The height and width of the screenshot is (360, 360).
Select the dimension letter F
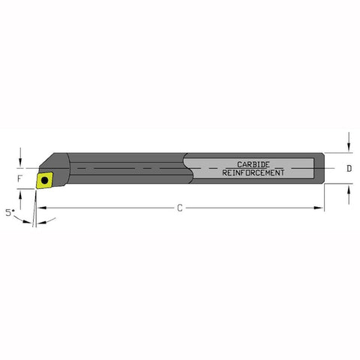(21, 180)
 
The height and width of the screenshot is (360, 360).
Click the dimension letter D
(349, 169)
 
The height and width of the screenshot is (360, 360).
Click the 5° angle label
(10, 213)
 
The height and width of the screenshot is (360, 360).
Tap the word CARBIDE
(253, 163)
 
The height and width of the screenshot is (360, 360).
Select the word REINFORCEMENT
(253, 172)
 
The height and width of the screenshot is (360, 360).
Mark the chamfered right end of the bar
(322, 168)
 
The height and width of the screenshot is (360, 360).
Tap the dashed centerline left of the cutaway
(127, 169)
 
